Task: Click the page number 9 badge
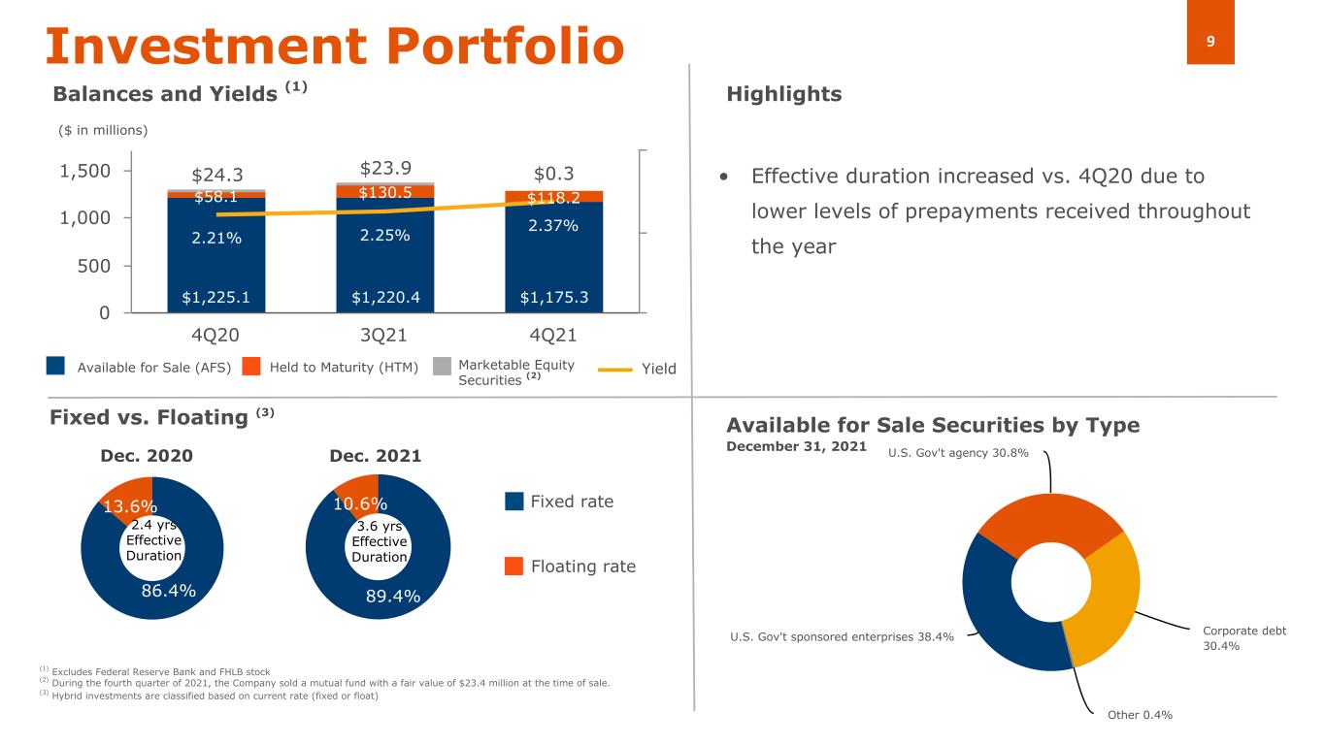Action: (x=1210, y=41)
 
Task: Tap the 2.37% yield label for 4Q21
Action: (x=554, y=226)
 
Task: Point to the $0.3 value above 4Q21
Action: (x=554, y=174)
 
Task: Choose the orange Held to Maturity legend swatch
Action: (x=251, y=366)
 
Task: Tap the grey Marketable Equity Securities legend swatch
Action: (x=442, y=366)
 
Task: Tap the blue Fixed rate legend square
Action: (x=514, y=502)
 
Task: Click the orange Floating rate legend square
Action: (x=514, y=566)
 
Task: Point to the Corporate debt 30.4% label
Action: (x=1243, y=637)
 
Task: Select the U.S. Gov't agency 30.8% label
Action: (x=958, y=453)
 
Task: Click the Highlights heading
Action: (x=783, y=94)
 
